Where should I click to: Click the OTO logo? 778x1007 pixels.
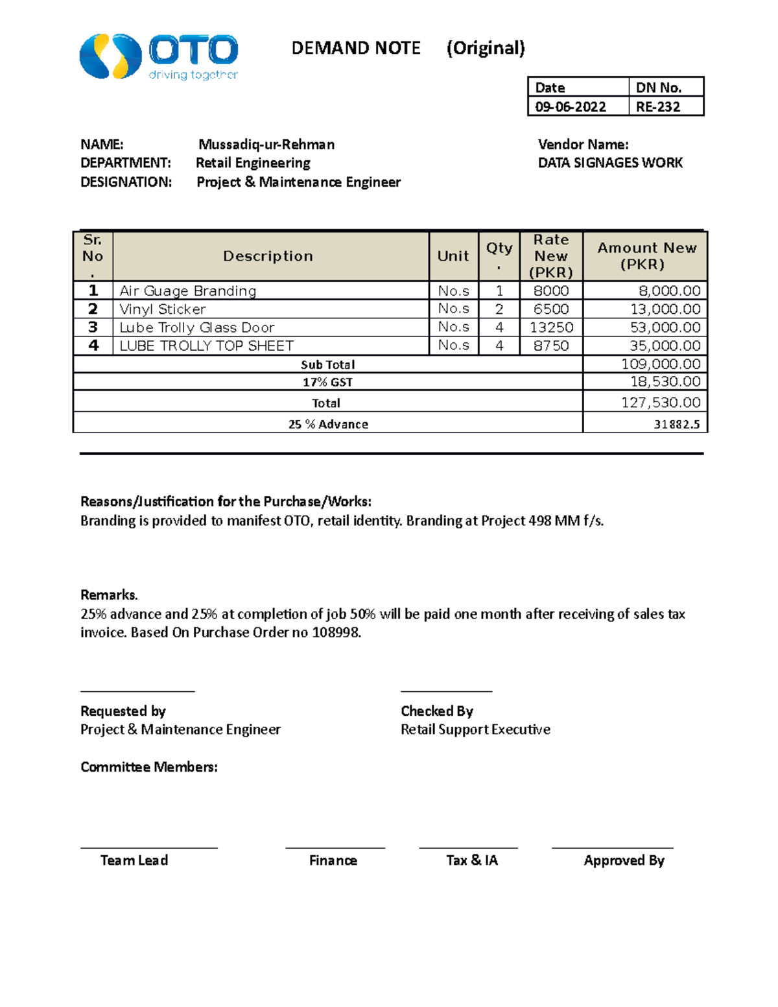tap(158, 57)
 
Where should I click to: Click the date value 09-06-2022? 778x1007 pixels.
tap(571, 107)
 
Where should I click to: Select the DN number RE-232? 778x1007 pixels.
tap(657, 107)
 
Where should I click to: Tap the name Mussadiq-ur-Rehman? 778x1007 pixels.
tap(266, 145)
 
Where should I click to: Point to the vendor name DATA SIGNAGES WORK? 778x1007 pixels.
tap(610, 163)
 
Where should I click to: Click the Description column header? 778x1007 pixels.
tap(268, 256)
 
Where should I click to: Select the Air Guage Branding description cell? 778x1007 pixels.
tap(188, 291)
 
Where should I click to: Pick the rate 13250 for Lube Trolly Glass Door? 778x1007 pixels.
tap(551, 327)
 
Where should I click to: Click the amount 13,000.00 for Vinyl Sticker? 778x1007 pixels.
tap(665, 309)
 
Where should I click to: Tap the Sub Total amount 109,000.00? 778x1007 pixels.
tap(661, 364)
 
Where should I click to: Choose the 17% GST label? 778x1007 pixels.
tap(327, 382)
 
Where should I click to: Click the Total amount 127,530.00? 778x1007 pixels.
tap(661, 403)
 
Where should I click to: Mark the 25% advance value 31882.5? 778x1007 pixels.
tap(676, 425)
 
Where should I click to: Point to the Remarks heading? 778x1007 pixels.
tap(109, 595)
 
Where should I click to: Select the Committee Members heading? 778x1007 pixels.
tap(149, 767)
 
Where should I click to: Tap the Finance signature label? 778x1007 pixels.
tap(333, 860)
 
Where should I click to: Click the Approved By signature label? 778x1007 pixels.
tap(624, 860)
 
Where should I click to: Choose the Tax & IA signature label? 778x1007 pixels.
tap(472, 860)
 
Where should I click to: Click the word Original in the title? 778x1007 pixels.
tap(486, 49)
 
